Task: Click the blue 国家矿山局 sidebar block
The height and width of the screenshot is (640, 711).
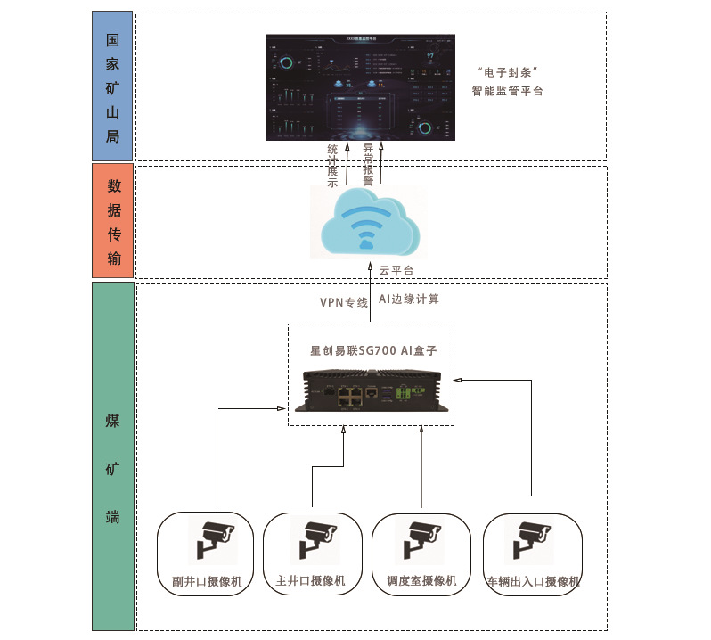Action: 112,86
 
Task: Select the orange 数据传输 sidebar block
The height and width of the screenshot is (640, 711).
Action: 112,221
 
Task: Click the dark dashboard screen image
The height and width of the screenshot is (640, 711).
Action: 360,87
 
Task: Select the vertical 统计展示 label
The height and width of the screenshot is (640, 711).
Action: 333,165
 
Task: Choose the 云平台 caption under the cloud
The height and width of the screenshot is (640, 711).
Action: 396,270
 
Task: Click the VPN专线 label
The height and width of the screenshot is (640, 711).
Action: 344,302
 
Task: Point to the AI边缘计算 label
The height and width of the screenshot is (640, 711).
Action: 409,299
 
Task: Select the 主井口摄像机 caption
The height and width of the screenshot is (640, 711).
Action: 311,581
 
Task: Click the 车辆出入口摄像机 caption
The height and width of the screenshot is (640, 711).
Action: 533,582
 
